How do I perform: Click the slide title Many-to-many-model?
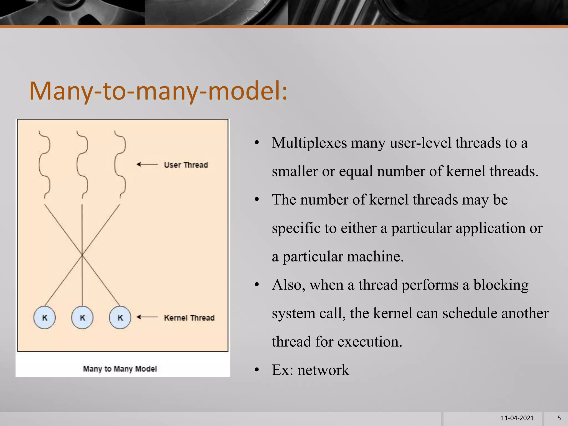click(158, 91)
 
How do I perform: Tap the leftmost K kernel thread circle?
click(44, 318)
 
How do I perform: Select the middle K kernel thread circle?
click(82, 318)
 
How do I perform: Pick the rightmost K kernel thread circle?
click(120, 318)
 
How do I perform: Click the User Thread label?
click(186, 165)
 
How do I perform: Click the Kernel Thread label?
click(189, 318)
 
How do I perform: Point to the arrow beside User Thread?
click(147, 164)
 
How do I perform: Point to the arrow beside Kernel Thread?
click(147, 317)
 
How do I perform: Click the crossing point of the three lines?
click(82, 254)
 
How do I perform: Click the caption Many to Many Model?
click(120, 369)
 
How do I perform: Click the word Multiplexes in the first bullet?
click(309, 143)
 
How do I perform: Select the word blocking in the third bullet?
click(501, 285)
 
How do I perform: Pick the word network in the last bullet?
click(323, 370)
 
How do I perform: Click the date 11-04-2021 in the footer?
click(517, 418)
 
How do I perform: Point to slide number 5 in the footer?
click(559, 418)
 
